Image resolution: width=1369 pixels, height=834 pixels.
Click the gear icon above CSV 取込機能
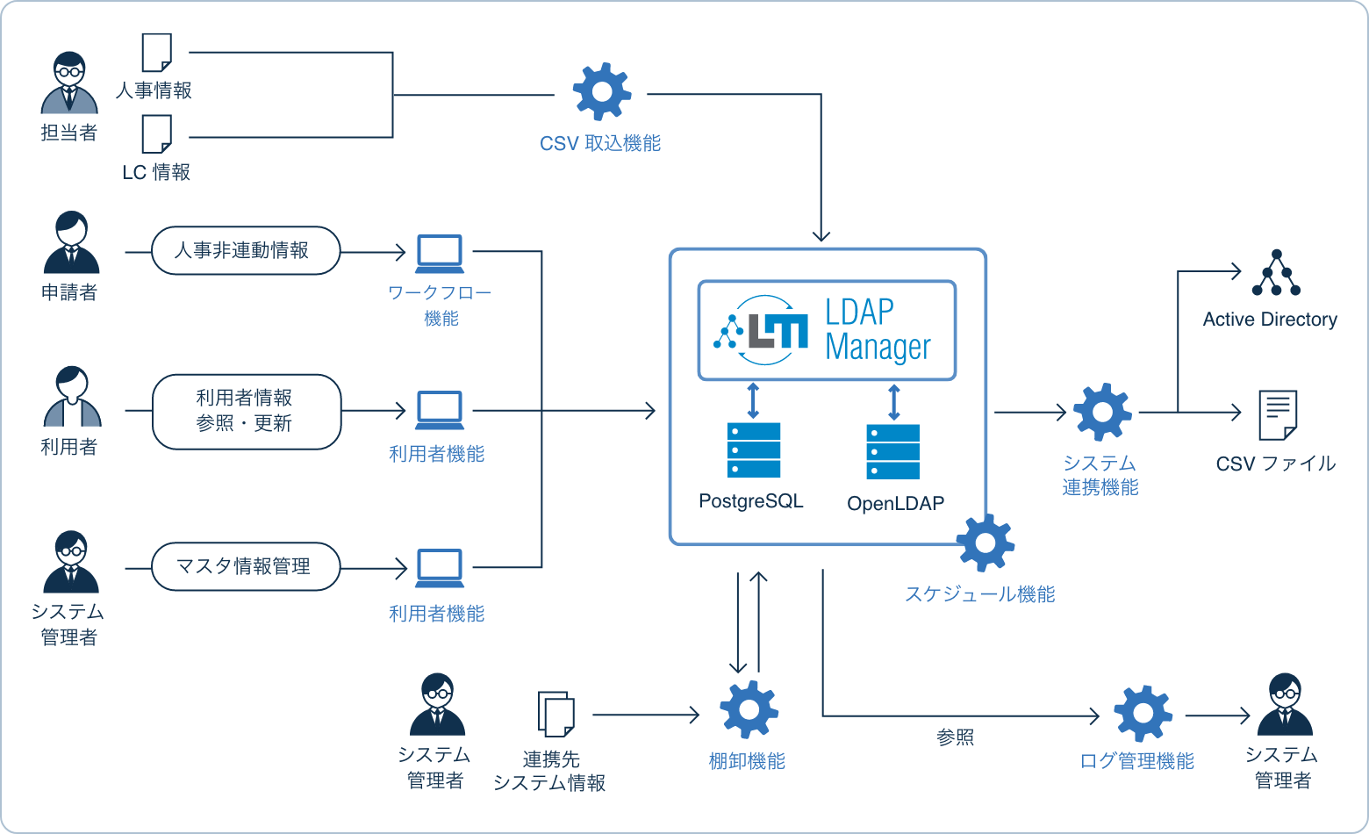pos(601,91)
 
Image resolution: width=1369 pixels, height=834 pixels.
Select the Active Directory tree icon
pos(1276,273)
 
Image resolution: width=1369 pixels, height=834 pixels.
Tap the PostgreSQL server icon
pos(753,450)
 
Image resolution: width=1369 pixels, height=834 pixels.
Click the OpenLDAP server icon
pos(893,451)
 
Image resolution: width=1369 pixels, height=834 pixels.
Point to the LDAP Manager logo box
pos(827,330)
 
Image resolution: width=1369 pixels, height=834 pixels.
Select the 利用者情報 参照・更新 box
pos(246,411)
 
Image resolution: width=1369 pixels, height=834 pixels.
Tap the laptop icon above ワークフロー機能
pos(440,253)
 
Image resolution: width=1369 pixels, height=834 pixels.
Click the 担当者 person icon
pos(69,84)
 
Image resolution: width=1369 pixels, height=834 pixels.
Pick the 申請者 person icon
pos(71,243)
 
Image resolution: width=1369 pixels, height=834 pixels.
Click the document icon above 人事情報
pos(157,54)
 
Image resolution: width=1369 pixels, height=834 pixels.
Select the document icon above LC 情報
pos(157,134)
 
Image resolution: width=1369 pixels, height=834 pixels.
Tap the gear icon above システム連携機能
pos(1102,412)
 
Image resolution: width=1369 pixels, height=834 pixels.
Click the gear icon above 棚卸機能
pos(749,709)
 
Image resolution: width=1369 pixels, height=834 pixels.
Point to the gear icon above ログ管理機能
pos(1143,713)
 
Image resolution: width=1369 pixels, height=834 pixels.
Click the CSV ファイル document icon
pos(1277,415)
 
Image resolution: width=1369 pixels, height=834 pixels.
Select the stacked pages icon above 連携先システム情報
pos(555,714)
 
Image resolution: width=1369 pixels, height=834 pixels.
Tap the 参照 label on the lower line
pos(955,737)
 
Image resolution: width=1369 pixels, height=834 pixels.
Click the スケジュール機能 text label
pos(979,594)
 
